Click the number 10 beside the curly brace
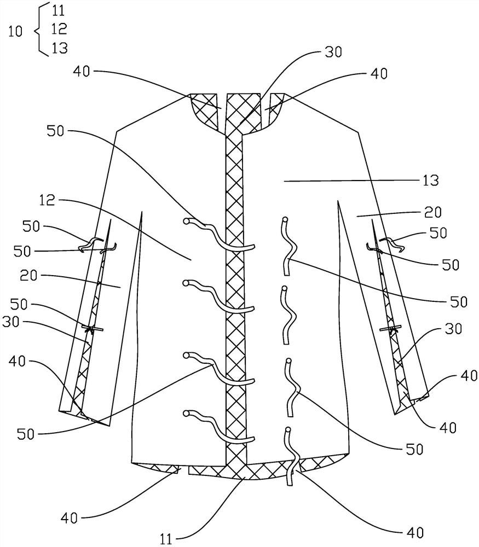click(x=16, y=32)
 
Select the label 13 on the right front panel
click(x=430, y=181)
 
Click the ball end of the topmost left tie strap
click(x=187, y=221)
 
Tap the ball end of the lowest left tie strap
click(x=187, y=413)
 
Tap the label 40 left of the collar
click(x=86, y=71)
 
